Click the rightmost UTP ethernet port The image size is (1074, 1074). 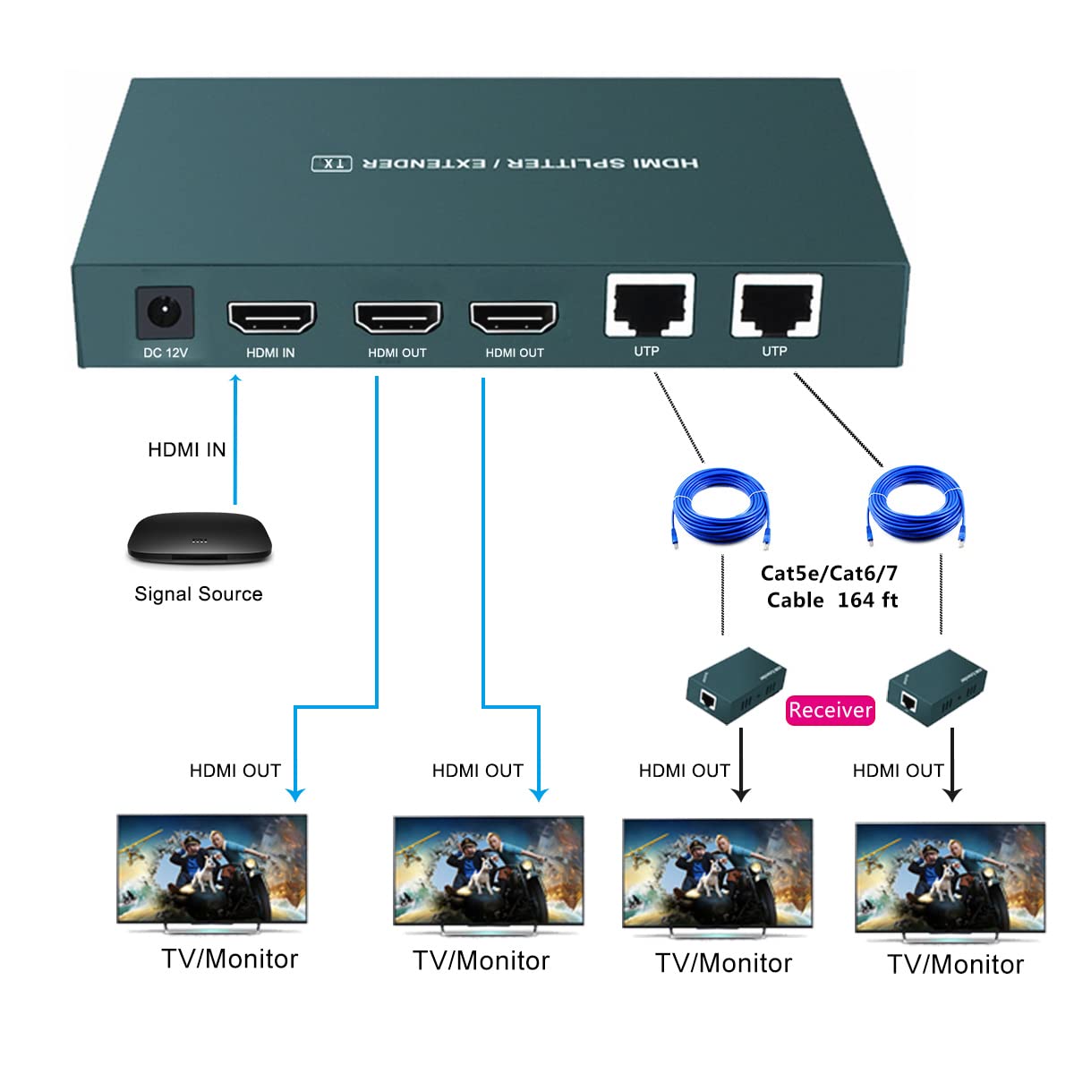776,306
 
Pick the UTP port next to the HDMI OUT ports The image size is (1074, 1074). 650,306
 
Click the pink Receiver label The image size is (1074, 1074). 830,710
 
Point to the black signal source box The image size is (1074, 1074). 199,540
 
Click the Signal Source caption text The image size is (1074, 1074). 199,594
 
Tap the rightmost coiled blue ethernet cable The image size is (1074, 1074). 916,505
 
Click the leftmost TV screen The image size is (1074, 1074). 212,865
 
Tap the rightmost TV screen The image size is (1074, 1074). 950,877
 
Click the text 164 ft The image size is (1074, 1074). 867,601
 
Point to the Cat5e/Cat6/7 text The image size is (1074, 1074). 829,573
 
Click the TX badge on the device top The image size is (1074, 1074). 332,163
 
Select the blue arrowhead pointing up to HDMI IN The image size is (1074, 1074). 235,379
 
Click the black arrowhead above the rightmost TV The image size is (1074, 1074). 952,794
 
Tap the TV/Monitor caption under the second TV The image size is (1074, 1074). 481,960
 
